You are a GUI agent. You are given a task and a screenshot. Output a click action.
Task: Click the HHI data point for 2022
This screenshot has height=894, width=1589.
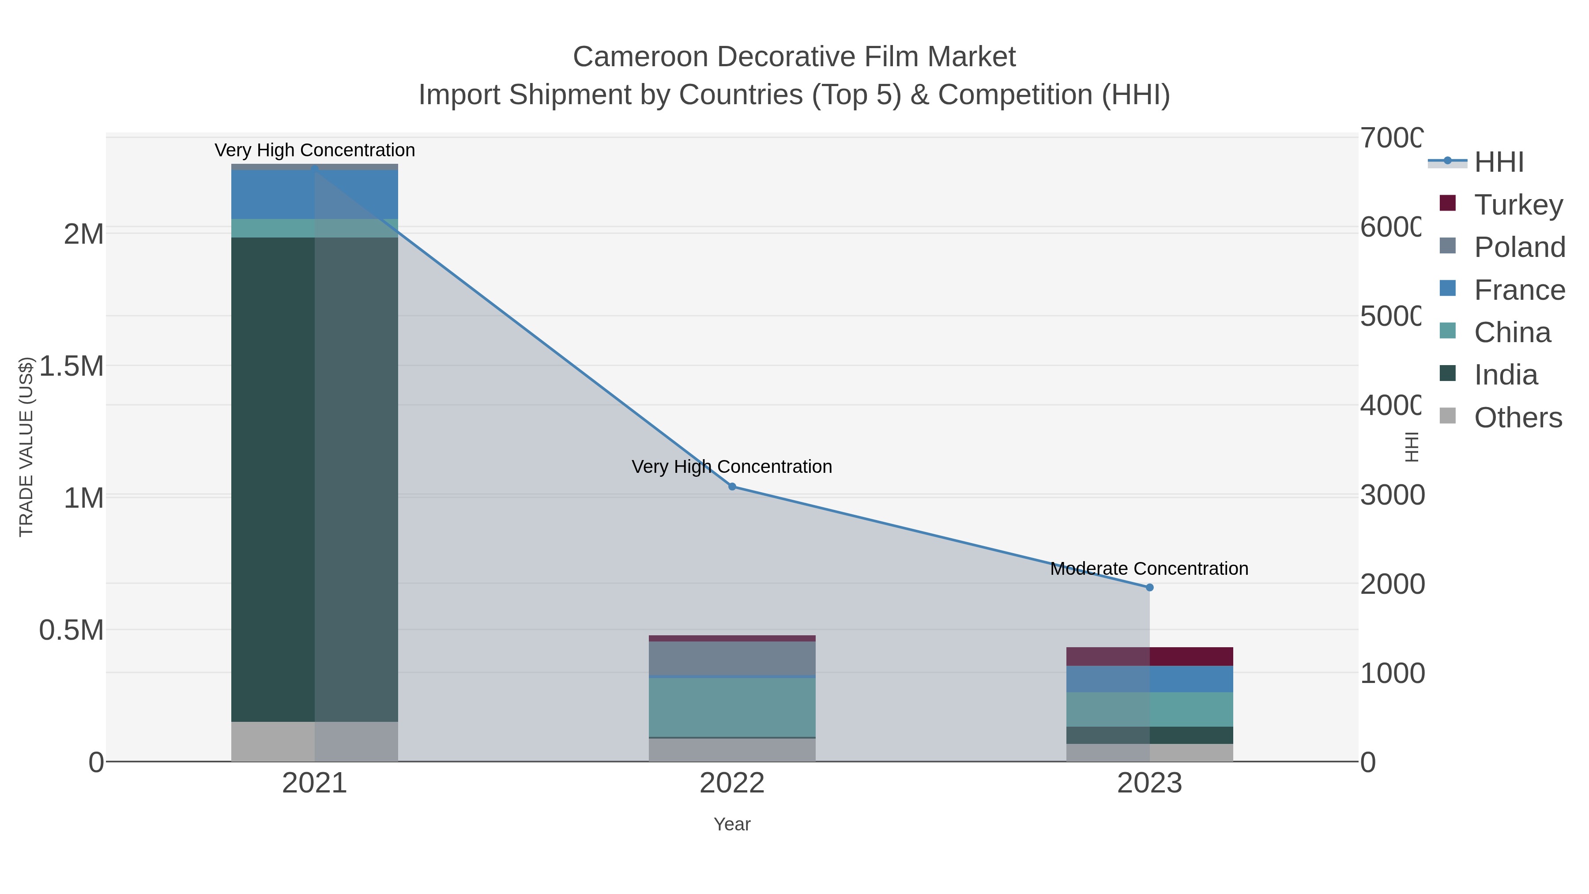(732, 487)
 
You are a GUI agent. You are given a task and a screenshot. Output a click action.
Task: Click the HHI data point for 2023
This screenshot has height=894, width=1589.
(1149, 587)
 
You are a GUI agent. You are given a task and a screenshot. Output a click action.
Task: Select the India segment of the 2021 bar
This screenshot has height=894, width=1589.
(315, 479)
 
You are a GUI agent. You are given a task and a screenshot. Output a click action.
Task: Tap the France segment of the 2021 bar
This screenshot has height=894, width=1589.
(315, 194)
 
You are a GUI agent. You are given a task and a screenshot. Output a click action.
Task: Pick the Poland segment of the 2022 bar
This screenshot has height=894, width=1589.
(732, 659)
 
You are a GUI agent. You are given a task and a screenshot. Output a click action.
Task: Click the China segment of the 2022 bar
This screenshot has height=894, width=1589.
(732, 707)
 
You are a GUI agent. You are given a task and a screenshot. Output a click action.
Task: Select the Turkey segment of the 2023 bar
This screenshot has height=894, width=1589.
(1149, 656)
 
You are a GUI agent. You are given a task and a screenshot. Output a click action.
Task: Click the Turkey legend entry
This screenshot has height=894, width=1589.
(1518, 205)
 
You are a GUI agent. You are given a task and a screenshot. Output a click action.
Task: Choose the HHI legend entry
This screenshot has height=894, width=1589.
(1499, 162)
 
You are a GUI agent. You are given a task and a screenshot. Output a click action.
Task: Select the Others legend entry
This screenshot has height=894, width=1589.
(1517, 418)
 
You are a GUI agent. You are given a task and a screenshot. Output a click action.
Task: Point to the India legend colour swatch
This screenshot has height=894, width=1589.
(1447, 373)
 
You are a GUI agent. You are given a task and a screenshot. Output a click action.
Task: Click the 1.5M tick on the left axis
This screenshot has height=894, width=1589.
(72, 366)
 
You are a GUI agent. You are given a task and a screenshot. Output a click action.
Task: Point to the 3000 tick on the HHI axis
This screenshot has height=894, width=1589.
(1392, 495)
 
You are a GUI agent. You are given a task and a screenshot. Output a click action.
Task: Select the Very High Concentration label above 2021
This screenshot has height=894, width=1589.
(315, 150)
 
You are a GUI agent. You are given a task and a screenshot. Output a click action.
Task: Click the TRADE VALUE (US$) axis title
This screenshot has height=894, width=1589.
(26, 447)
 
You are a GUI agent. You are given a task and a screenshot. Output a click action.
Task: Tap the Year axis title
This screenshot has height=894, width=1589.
(732, 824)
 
